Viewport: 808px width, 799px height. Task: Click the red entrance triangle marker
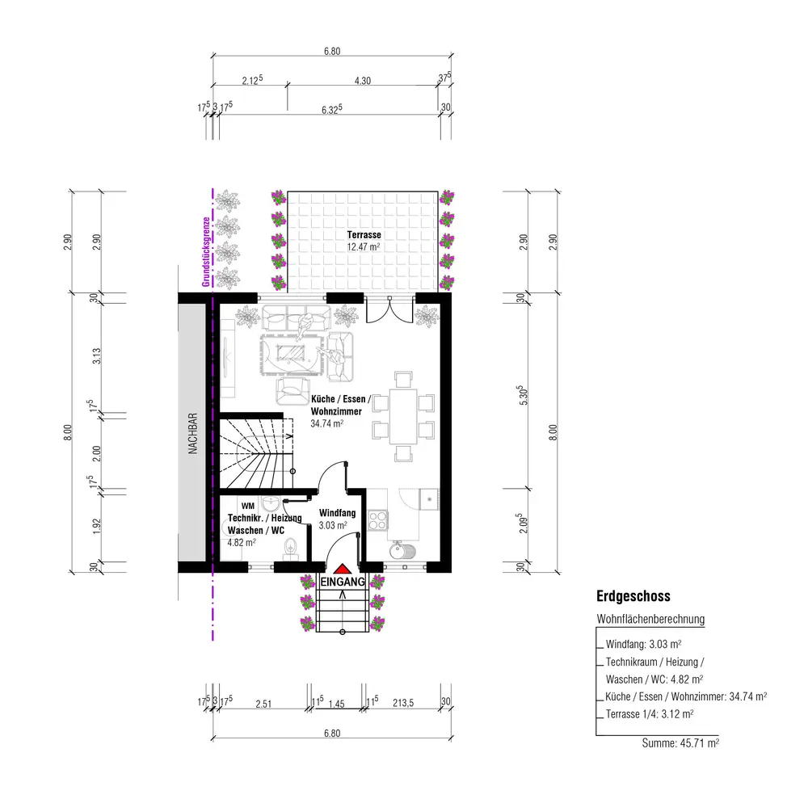tap(342, 569)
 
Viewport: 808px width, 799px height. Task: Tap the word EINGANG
tap(343, 582)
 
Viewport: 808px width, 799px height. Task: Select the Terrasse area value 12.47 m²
tap(364, 246)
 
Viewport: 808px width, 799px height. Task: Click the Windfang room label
tap(338, 513)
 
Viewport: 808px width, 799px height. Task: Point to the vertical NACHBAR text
tap(193, 433)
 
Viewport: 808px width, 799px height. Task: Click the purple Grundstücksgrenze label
tap(206, 252)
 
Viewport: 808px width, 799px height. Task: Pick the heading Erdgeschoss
tap(633, 596)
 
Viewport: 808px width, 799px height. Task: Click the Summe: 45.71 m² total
tap(680, 743)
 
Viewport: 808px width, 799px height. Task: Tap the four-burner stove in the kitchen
tap(377, 519)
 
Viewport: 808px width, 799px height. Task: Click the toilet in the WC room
tap(291, 548)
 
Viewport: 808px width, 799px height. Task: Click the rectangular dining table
tap(403, 416)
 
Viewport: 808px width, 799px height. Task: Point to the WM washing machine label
tap(248, 507)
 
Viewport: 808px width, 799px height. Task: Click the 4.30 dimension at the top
tap(362, 81)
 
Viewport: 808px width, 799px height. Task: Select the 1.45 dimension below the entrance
tap(336, 704)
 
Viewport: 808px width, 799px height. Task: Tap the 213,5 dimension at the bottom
tap(403, 703)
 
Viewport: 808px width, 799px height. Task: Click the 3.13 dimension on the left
tap(97, 356)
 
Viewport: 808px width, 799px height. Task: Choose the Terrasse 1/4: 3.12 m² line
tap(650, 714)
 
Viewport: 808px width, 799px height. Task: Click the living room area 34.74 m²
tap(326, 423)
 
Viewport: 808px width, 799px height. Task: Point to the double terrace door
tap(389, 308)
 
